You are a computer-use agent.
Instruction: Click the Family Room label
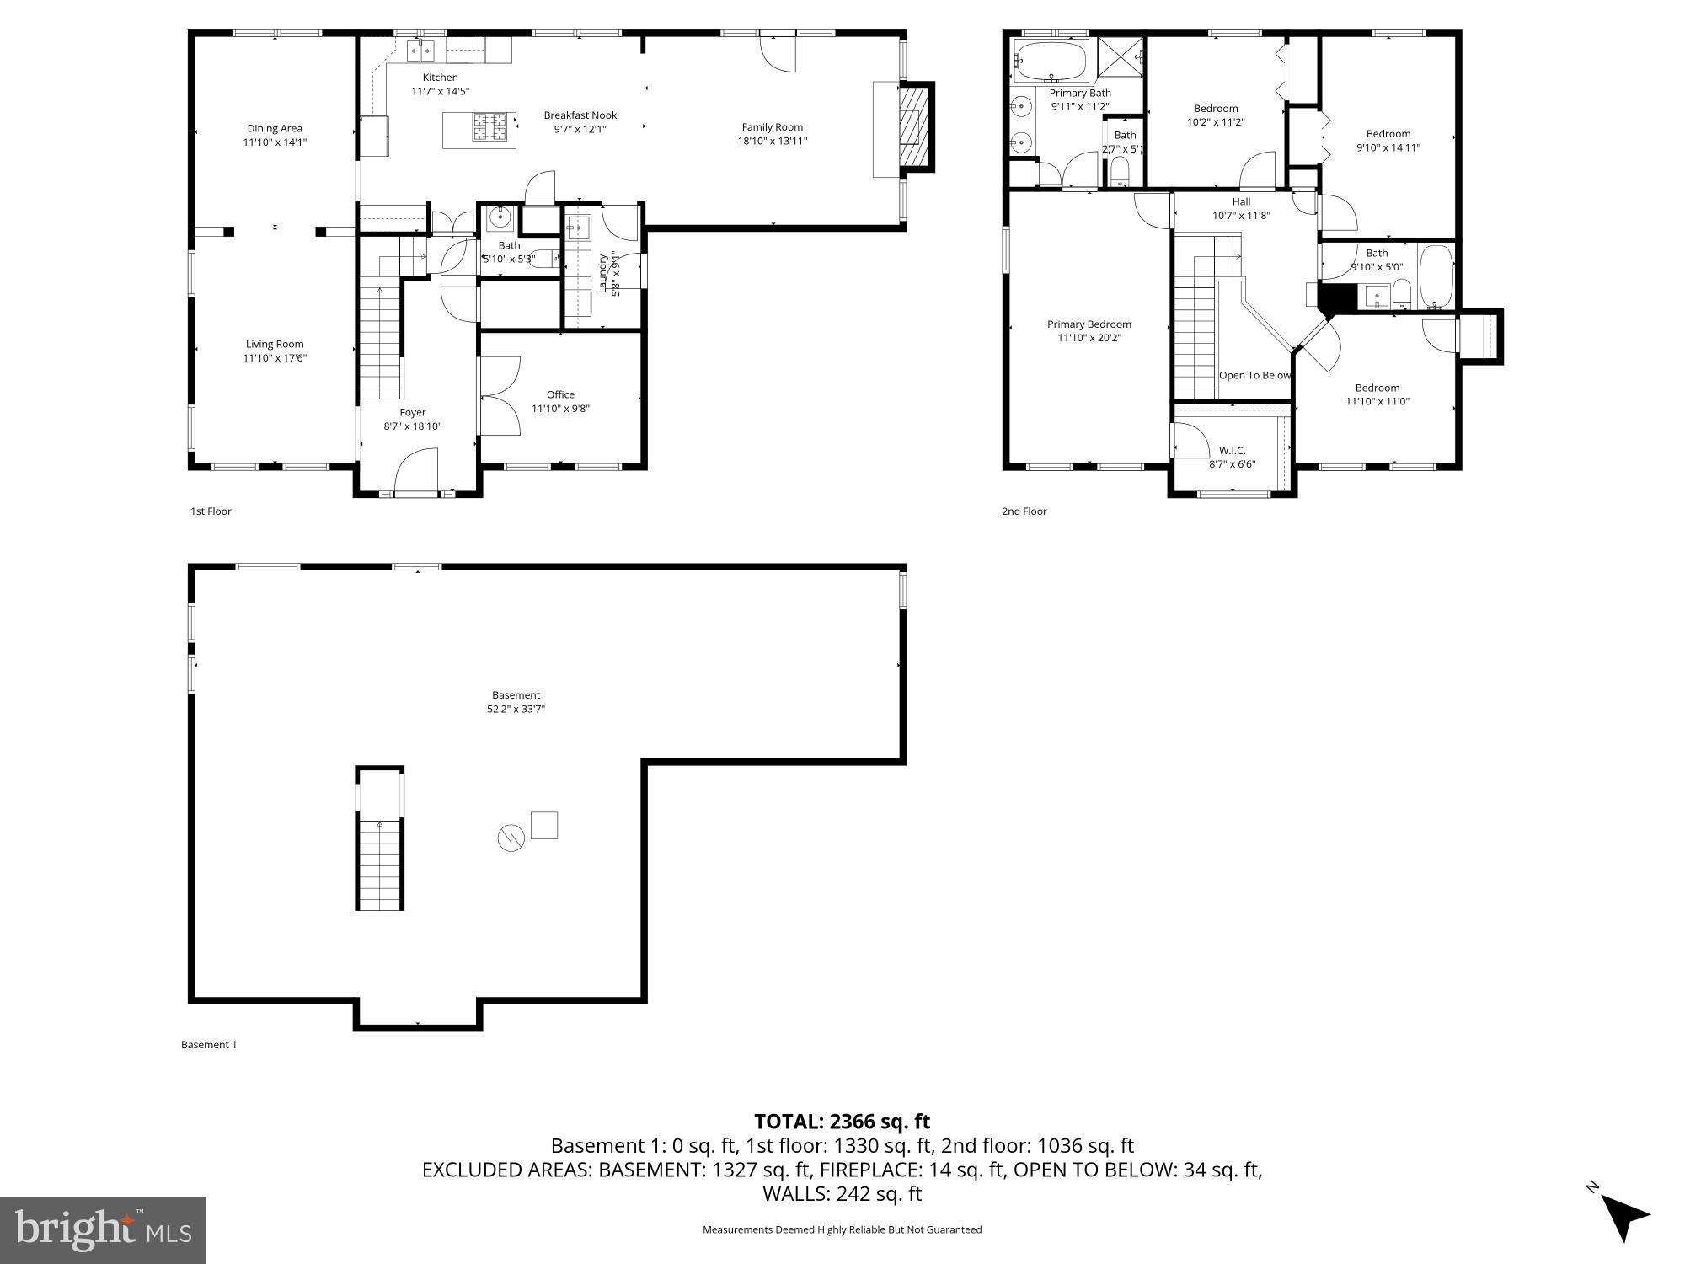[x=772, y=127]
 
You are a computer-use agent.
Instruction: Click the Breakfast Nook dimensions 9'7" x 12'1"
[x=580, y=129]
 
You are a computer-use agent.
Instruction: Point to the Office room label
[x=560, y=394]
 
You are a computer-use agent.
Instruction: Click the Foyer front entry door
[x=416, y=472]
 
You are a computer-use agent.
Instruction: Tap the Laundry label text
[x=603, y=272]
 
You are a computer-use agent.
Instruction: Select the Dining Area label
[x=275, y=128]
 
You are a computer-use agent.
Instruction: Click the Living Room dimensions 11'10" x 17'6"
[x=275, y=358]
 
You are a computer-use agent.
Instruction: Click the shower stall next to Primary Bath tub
[x=1121, y=59]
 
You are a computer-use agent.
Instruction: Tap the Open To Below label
[x=1254, y=375]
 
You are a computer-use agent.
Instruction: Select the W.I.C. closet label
[x=1232, y=451]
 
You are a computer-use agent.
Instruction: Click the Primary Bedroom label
[x=1089, y=324]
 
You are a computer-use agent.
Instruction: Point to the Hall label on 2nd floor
[x=1241, y=201]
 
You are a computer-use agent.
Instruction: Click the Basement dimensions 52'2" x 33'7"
[x=516, y=710]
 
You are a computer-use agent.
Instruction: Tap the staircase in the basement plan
[x=380, y=860]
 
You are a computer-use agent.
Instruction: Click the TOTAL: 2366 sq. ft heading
[x=842, y=1122]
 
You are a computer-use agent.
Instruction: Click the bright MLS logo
[x=103, y=1229]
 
